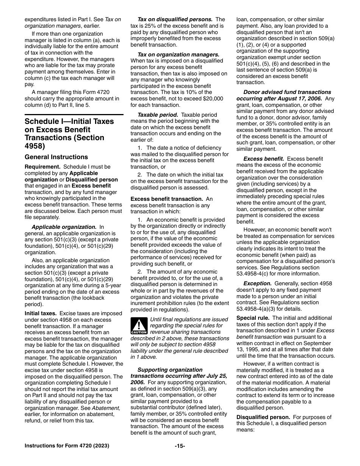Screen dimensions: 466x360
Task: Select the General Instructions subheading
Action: [56, 157]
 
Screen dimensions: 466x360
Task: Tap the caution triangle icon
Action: [139, 326]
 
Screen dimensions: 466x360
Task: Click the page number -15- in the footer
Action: [180, 446]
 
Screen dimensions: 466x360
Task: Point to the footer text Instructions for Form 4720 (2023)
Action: [67, 446]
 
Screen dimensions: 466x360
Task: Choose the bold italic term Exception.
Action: [257, 283]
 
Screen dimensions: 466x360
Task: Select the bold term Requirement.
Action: [42, 167]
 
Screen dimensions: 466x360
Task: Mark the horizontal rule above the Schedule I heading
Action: [74, 114]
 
